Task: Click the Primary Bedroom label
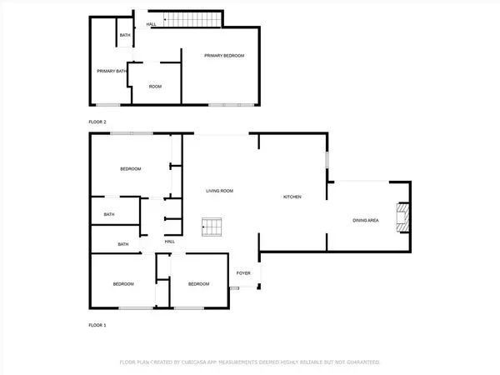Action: click(225, 55)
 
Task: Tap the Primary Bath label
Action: click(110, 72)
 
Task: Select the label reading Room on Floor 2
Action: click(155, 87)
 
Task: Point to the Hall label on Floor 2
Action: click(152, 24)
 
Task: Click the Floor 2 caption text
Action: click(97, 122)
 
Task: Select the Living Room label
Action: click(220, 191)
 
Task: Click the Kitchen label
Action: click(292, 197)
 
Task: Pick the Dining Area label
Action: click(366, 220)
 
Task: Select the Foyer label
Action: click(243, 272)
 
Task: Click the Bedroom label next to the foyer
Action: click(198, 284)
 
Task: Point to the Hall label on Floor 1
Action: click(169, 242)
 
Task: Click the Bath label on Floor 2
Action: click(124, 35)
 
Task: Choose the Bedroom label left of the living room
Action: click(130, 169)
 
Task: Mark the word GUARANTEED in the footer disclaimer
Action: click(363, 362)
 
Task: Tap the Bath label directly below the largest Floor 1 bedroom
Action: click(109, 214)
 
